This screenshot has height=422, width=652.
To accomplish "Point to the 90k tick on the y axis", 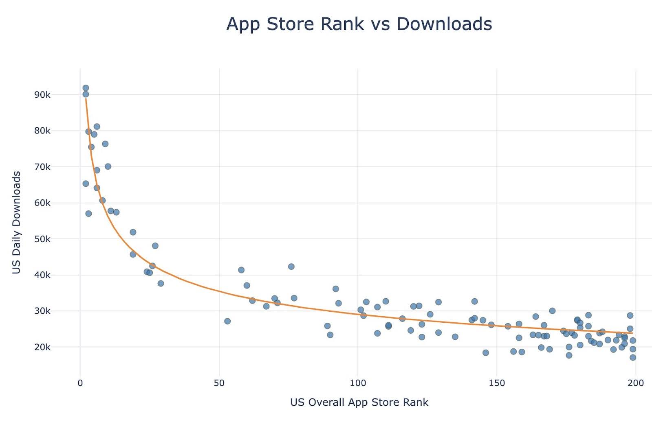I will coord(42,95).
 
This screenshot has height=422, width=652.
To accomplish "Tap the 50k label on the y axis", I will coord(42,239).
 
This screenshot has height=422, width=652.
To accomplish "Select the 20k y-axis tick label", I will coord(42,347).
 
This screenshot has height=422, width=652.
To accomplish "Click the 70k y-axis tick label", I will coord(42,167).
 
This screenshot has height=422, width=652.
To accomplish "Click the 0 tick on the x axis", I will coord(80,383).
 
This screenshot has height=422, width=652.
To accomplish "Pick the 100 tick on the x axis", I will coord(358,383).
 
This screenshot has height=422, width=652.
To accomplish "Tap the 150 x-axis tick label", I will coord(497,383).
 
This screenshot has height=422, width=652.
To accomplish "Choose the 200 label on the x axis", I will coord(636,383).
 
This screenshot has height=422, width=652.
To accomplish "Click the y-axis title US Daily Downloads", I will coord(16,222).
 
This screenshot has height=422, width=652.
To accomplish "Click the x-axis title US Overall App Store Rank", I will coord(359,402).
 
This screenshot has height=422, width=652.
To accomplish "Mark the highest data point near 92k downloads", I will coord(86,88).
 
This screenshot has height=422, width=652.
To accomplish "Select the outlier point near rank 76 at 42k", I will coord(291,267).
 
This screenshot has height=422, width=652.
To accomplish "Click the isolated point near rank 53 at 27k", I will coord(227,321).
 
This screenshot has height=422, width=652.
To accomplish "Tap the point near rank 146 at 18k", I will coord(485,353).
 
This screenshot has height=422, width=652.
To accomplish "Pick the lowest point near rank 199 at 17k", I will coord(633,357).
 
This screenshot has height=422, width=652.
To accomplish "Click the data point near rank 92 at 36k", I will coord(335,289).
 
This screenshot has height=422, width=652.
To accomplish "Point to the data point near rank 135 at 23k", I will coord(455,337).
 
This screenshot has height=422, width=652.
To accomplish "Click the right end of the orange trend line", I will coord(632,333).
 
